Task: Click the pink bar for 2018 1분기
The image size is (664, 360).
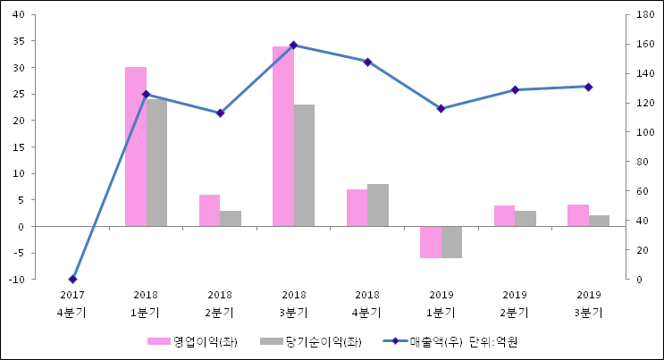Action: coord(136,147)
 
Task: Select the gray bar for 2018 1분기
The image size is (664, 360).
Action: coord(156,163)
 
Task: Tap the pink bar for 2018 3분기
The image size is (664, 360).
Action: coord(283,136)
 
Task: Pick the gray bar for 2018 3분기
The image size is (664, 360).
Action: coord(304,165)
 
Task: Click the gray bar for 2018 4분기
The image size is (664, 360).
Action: coord(378,205)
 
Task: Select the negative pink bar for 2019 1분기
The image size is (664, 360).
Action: coord(431,242)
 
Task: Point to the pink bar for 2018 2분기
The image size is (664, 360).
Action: coord(209,211)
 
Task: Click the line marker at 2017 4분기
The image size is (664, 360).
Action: coord(72,280)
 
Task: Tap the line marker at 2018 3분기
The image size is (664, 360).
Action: coord(294,45)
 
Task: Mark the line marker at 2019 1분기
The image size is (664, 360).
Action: coord(441,109)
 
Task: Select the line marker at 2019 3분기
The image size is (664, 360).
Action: coord(588,87)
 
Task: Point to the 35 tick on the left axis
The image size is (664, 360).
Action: coord(29,41)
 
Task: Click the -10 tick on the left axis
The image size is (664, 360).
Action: coord(28,280)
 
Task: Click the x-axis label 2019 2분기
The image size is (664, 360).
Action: coord(515,304)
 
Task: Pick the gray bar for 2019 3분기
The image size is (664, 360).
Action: coord(599,221)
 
